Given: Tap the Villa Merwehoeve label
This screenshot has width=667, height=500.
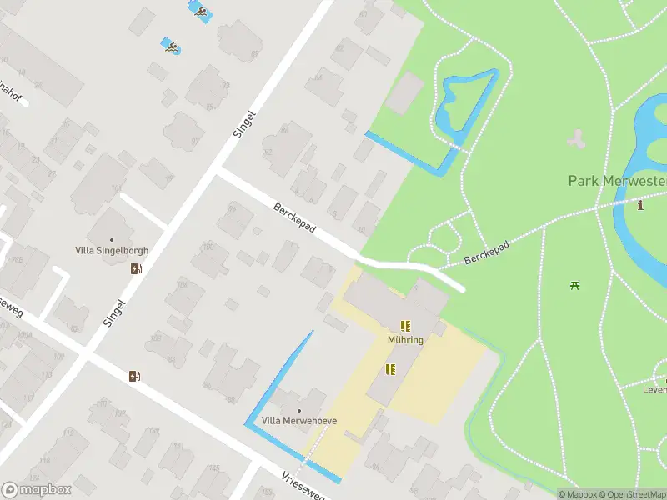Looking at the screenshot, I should click(299, 421).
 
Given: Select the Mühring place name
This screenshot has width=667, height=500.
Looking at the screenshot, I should click(405, 340).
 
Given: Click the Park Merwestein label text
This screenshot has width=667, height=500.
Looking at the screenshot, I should click(617, 181).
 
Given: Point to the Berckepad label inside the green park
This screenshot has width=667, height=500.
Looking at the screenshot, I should click(486, 249).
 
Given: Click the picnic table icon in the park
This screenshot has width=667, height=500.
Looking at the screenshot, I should click(574, 286).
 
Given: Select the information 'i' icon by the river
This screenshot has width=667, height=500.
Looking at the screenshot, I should click(640, 205).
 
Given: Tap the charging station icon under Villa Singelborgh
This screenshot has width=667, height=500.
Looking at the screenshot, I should click(136, 268).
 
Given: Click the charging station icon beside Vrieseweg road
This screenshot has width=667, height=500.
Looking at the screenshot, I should click(134, 376).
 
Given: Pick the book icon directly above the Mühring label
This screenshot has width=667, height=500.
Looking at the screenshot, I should click(405, 326).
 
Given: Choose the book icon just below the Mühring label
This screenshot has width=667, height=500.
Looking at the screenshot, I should click(389, 368).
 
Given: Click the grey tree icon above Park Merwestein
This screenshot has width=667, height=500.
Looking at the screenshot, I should click(575, 139).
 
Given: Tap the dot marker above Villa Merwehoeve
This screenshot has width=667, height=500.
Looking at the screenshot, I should click(299, 410).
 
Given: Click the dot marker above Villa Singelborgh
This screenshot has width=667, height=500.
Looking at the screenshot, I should click(111, 237).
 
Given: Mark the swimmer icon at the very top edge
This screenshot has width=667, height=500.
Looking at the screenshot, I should click(200, 11).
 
